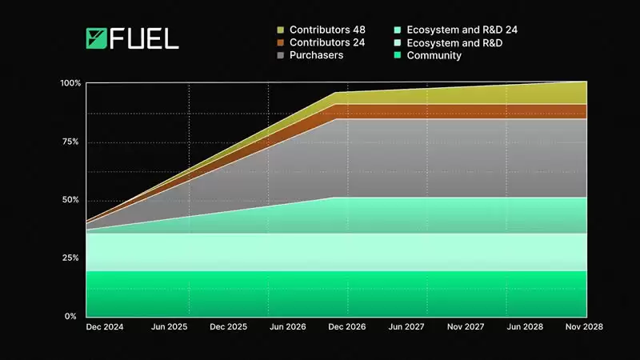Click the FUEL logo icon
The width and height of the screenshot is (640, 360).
pyautogui.click(x=96, y=39)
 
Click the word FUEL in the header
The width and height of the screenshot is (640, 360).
pyautogui.click(x=144, y=39)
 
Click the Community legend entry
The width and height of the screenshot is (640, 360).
pyautogui.click(x=434, y=55)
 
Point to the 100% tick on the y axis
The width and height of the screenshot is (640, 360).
pyautogui.click(x=70, y=83)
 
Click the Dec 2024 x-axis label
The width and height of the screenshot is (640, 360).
pyautogui.click(x=104, y=327)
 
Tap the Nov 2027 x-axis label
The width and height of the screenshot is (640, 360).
pyautogui.click(x=466, y=327)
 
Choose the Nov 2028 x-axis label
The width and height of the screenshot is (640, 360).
pyautogui.click(x=583, y=327)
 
